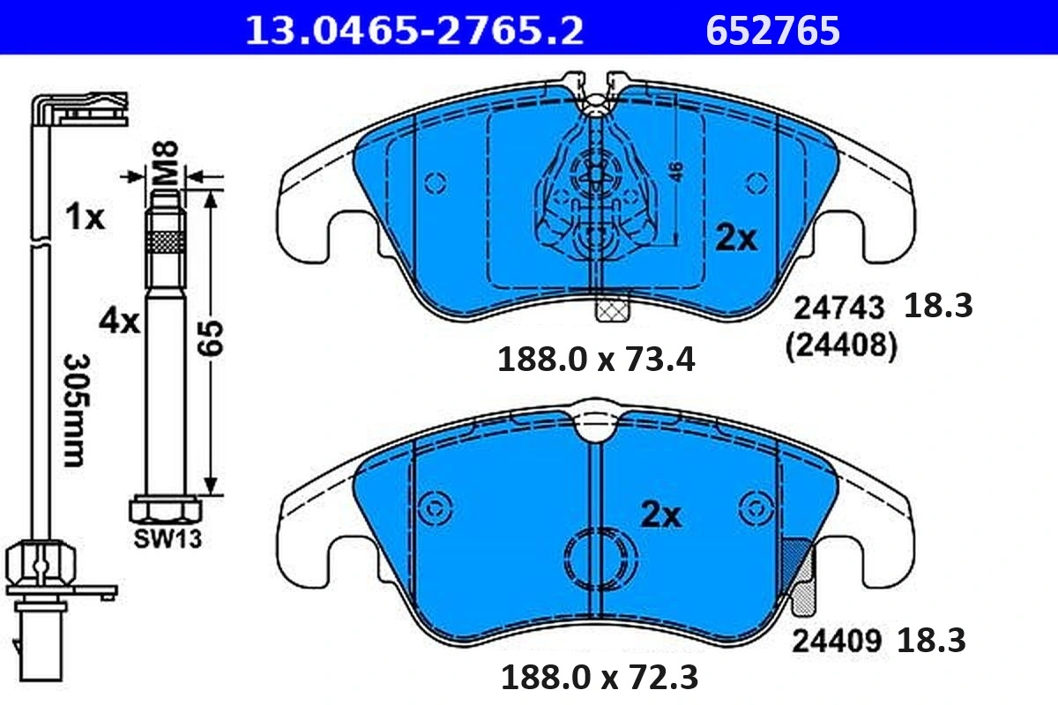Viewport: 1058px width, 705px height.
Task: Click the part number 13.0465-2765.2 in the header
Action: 414,31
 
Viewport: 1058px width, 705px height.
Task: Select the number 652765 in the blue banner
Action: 772,31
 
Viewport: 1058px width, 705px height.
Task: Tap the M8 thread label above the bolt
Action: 166,163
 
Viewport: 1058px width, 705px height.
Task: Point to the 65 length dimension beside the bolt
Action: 211,338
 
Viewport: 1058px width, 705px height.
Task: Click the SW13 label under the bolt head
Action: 168,538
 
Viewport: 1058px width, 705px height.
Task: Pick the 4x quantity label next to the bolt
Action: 119,322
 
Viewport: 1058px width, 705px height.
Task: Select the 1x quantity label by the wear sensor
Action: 85,217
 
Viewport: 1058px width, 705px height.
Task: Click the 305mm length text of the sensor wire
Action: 76,411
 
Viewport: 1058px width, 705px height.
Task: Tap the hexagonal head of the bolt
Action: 166,509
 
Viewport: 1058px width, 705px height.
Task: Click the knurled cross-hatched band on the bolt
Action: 166,241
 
